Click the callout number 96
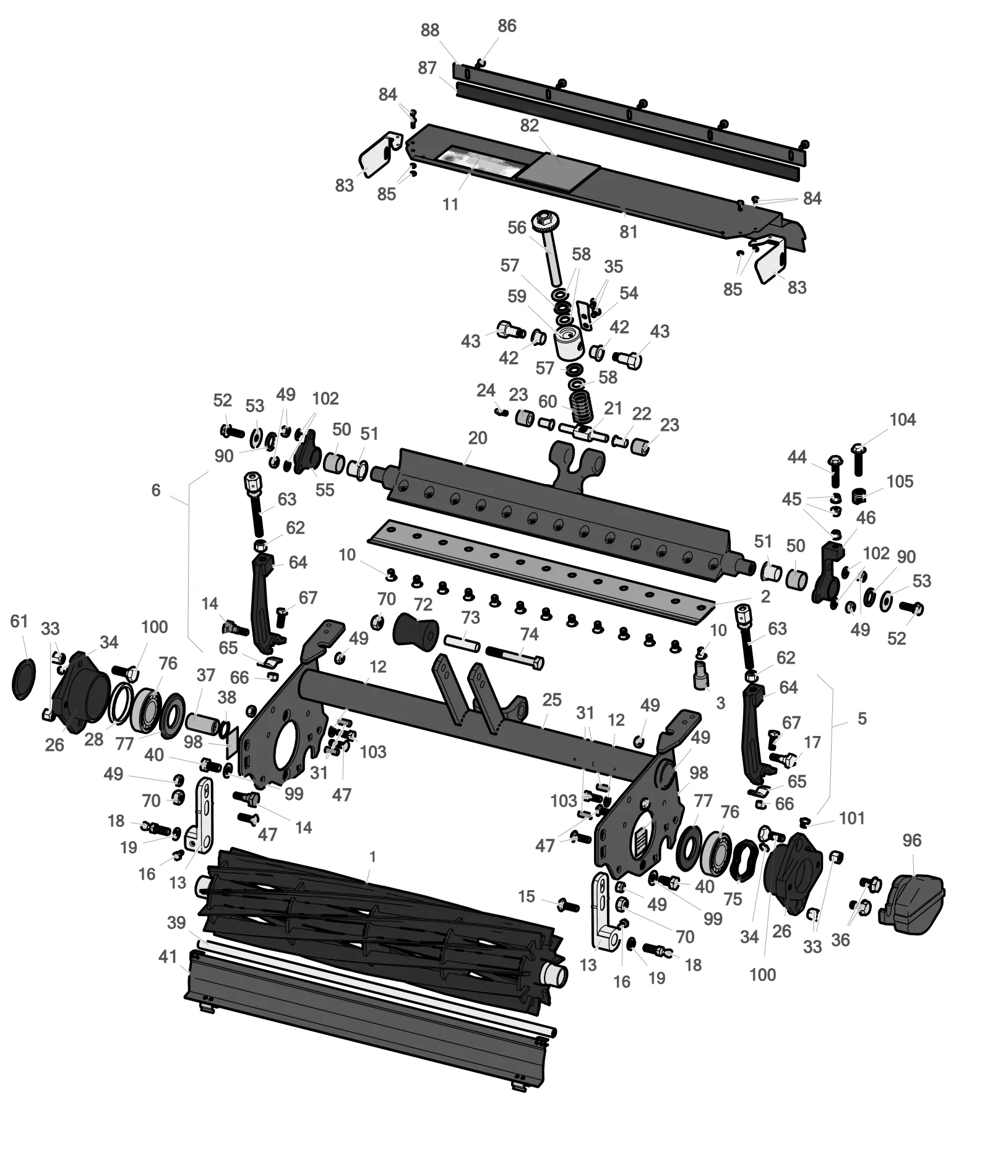[912, 840]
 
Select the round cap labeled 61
[24, 679]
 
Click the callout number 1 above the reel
[372, 856]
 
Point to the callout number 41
[168, 956]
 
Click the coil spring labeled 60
[581, 406]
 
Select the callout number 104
[902, 420]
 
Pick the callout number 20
[478, 438]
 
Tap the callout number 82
[529, 125]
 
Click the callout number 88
[429, 30]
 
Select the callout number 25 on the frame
[551, 699]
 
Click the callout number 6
[156, 490]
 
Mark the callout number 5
[862, 719]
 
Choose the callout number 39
[176, 922]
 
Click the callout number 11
[450, 204]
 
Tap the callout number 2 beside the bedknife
[765, 596]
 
